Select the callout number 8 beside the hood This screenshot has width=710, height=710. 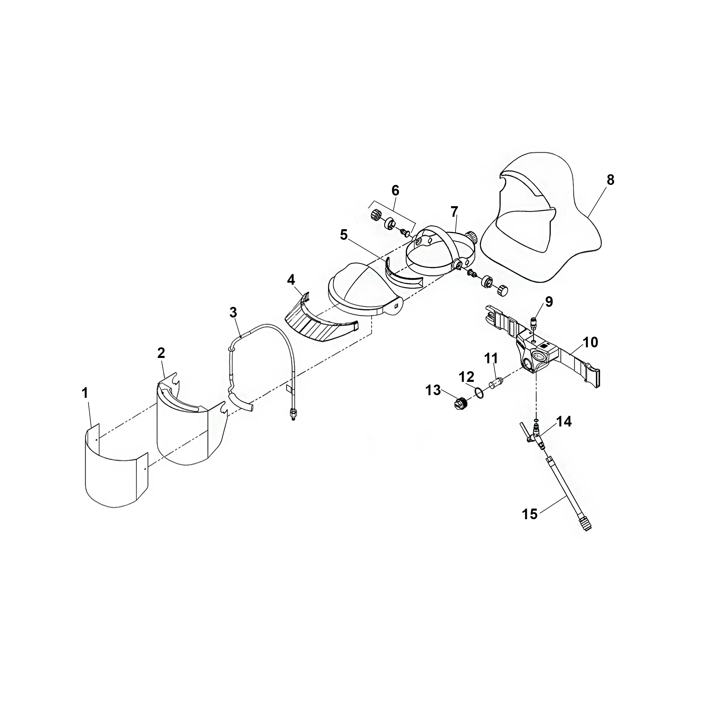pos(610,180)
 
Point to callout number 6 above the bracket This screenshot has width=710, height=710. pos(395,190)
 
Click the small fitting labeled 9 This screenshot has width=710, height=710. pos(534,323)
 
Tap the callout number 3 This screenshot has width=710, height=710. pos(233,312)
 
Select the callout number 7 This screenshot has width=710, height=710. pos(454,212)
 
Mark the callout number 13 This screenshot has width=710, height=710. pos(433,390)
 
